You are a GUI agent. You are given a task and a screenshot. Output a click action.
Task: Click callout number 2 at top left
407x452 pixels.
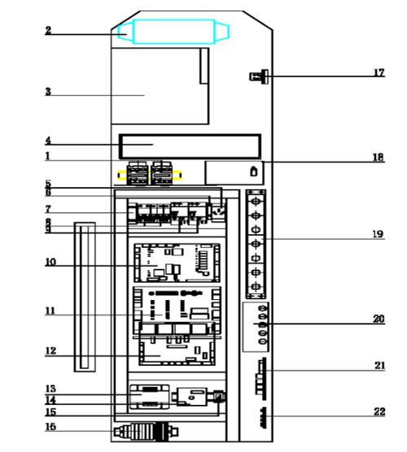pyautogui.click(x=48, y=30)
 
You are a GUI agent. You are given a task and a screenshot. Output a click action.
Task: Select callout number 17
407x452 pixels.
pyautogui.click(x=379, y=72)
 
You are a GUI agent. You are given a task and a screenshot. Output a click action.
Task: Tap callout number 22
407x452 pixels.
pyautogui.click(x=379, y=411)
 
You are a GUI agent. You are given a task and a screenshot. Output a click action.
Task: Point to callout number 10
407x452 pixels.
pyautogui.click(x=50, y=262)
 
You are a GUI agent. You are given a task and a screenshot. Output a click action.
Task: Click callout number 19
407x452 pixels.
pyautogui.click(x=379, y=234)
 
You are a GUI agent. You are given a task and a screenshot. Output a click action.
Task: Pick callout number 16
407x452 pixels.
pyautogui.click(x=50, y=427)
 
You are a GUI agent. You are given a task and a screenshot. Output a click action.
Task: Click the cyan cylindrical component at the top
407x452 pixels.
pyautogui.click(x=173, y=32)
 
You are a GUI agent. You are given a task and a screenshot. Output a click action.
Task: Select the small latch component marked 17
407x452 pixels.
pyautogui.click(x=259, y=76)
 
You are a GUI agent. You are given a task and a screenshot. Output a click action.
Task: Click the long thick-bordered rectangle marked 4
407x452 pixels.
pyautogui.click(x=190, y=146)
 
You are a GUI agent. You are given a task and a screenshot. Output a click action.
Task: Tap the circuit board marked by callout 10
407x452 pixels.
pyautogui.click(x=177, y=263)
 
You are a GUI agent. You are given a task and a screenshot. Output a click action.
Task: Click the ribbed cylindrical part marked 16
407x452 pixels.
pyautogui.click(x=146, y=432)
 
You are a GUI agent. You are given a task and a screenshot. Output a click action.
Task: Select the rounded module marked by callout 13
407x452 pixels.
pyautogui.click(x=150, y=397)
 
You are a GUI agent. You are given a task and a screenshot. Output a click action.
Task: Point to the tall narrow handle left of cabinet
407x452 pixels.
pyautogui.click(x=85, y=297)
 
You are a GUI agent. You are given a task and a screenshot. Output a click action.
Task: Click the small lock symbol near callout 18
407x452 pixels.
pyautogui.click(x=254, y=172)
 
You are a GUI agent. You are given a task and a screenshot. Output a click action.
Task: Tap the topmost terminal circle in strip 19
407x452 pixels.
pyautogui.click(x=256, y=201)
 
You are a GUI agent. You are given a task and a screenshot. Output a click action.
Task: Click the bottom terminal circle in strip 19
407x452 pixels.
pyautogui.click(x=256, y=286)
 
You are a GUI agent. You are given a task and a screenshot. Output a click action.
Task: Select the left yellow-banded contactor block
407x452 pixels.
pyautogui.click(x=138, y=173)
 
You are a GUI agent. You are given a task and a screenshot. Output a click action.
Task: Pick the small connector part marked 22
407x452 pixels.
pyautogui.click(x=263, y=418)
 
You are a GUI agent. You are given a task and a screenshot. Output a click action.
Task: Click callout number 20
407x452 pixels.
pyautogui.click(x=379, y=319)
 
